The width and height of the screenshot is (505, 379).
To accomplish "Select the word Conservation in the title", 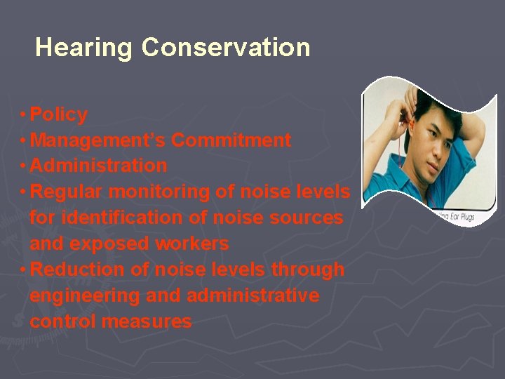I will [225, 48].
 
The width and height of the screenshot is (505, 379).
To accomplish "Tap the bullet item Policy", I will [59, 114].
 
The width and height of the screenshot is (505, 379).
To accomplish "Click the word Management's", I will [98, 140].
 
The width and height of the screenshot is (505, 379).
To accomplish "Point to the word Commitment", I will [231, 140].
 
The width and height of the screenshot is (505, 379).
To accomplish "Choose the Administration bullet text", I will [99, 166].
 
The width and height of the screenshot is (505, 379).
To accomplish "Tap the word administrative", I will [253, 295].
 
